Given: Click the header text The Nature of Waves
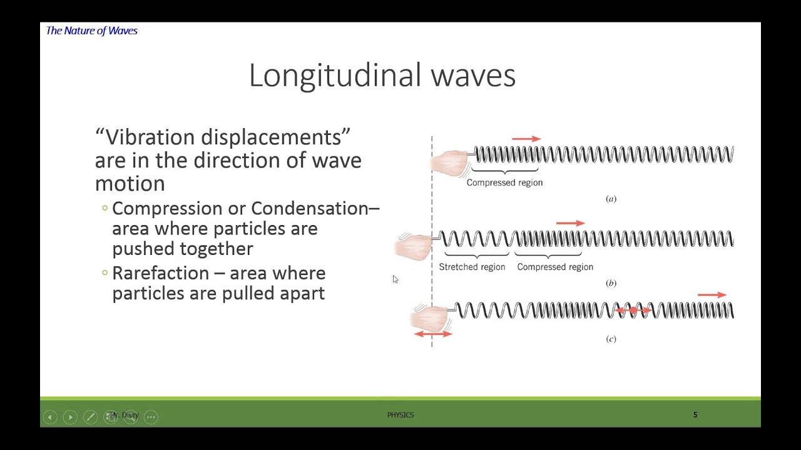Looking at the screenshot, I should click(92, 31).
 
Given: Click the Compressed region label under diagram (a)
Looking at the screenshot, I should click(504, 182).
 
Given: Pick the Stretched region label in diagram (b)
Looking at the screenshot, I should click(472, 267).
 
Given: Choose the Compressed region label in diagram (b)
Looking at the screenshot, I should click(555, 267).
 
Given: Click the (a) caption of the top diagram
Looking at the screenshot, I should click(611, 199).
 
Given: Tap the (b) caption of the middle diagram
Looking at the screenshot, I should click(611, 283).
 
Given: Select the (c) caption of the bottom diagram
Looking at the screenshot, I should click(611, 339).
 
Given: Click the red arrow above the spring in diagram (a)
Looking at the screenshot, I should click(526, 139).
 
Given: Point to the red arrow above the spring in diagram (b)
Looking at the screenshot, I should click(570, 223).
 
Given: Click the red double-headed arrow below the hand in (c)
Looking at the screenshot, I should click(433, 334).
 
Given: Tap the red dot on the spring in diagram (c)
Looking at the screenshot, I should click(633, 310).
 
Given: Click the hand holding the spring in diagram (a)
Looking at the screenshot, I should click(450, 161).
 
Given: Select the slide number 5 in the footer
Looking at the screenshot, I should click(695, 415).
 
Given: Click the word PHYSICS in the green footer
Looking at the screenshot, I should click(400, 415).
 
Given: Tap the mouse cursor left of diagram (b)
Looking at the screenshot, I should click(395, 279).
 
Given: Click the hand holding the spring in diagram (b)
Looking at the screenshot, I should click(414, 246).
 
